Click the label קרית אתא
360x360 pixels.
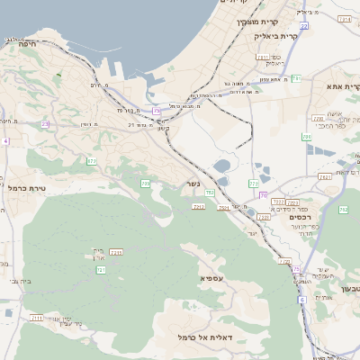tap(341, 86)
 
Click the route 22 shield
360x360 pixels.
tap(304, 26)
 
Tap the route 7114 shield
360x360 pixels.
tap(345, 18)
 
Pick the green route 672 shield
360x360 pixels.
tap(92, 161)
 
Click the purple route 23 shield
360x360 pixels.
tap(45, 124)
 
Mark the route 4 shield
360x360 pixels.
tap(4, 141)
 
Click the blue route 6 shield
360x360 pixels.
tap(302, 300)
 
